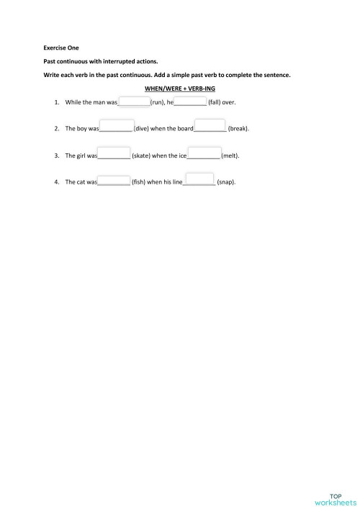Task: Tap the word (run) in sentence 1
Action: click(158, 103)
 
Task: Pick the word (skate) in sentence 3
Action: click(140, 156)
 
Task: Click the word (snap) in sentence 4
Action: click(226, 182)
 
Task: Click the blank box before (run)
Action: click(133, 102)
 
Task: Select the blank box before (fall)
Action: click(191, 102)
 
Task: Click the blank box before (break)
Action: click(210, 125)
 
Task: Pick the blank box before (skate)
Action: click(114, 153)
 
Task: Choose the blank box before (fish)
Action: click(114, 180)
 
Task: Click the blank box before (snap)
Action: click(200, 179)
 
